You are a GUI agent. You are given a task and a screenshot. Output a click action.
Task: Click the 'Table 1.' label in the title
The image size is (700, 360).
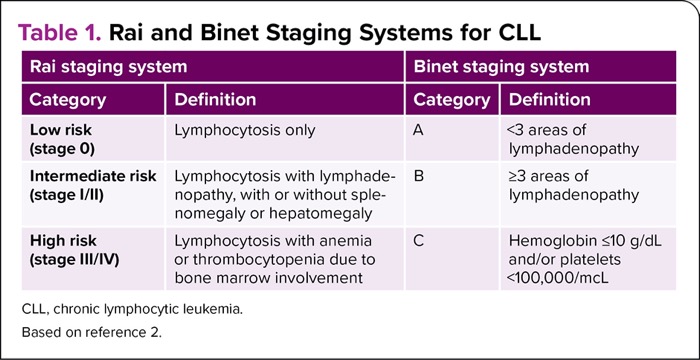pyautogui.click(x=60, y=29)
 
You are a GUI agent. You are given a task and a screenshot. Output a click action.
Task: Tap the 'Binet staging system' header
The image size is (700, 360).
pyautogui.click(x=500, y=68)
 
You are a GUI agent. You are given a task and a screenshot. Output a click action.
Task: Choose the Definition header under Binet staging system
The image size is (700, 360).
pyautogui.click(x=551, y=100)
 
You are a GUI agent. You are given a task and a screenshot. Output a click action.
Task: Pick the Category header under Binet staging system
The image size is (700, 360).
pyautogui.click(x=452, y=100)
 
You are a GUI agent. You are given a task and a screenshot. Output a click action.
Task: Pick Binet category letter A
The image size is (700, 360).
pyautogui.click(x=420, y=130)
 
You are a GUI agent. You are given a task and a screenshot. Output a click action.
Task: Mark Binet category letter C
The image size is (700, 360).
pyautogui.click(x=420, y=241)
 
